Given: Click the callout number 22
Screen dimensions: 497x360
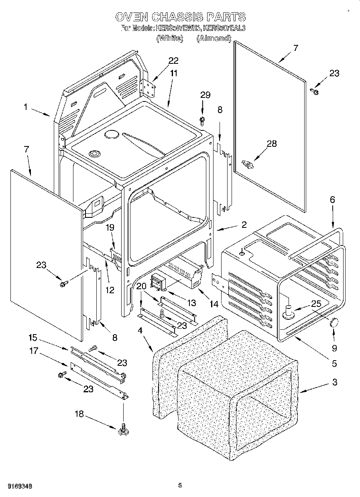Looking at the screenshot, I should click(173, 61).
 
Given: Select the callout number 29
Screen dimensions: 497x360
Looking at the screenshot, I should click(205, 95).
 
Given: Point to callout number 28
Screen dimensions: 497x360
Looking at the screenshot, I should click(272, 144).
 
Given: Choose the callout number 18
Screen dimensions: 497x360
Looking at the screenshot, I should click(79, 414).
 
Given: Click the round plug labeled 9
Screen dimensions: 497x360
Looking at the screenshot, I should click(333, 323).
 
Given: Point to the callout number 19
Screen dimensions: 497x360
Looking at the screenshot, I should click(110, 227).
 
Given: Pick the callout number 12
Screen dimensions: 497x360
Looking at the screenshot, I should click(110, 290).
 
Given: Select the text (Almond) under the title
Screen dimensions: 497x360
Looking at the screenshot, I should click(214, 39).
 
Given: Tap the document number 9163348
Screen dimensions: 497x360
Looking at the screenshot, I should click(19, 486).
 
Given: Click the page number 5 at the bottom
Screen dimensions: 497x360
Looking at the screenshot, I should click(180, 486).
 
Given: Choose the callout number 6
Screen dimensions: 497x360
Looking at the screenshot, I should click(332, 199).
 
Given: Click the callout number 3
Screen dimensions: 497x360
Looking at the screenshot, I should click(335, 382).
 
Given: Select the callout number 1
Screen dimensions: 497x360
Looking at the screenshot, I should click(25, 107).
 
